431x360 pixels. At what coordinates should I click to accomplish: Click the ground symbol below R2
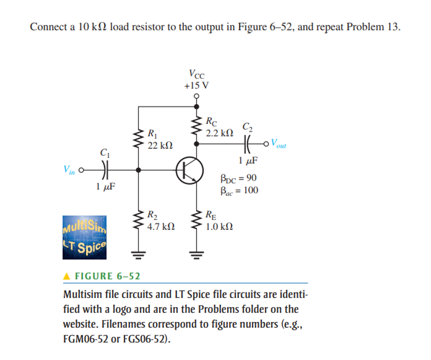click(138, 252)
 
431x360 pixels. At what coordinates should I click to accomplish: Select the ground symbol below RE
click(197, 252)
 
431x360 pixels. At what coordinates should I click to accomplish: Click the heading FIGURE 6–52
click(107, 276)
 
